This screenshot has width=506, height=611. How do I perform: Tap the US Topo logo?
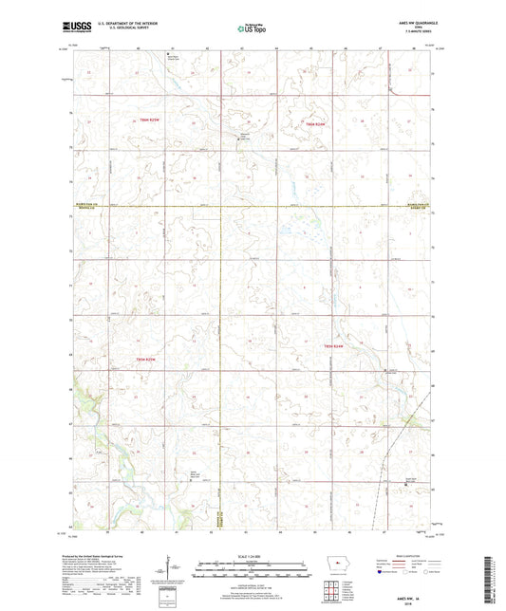pos(252,29)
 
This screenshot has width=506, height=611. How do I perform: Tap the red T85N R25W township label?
pos(146,121)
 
